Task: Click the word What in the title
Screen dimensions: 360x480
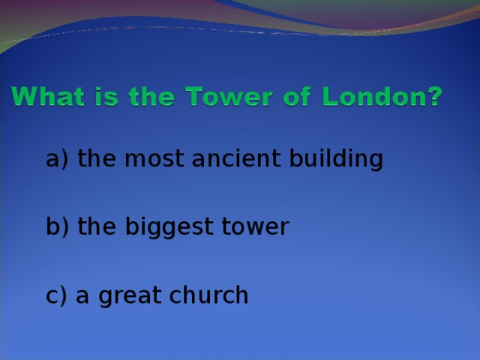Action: [x=46, y=98]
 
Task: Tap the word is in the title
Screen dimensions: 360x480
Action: [x=101, y=98]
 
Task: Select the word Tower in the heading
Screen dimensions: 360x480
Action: [x=218, y=98]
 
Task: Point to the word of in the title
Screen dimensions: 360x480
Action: [x=292, y=98]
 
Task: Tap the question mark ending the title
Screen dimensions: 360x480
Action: [x=434, y=98]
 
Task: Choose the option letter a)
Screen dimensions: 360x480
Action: [x=57, y=159]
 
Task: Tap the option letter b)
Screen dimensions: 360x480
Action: [x=57, y=227]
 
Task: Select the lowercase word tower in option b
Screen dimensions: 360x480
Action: [x=253, y=227]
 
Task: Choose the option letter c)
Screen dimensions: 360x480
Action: [x=56, y=296]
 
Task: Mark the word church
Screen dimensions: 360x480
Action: [x=211, y=295]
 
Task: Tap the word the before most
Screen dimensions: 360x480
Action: [x=97, y=159]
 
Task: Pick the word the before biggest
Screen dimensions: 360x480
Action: [x=97, y=227]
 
